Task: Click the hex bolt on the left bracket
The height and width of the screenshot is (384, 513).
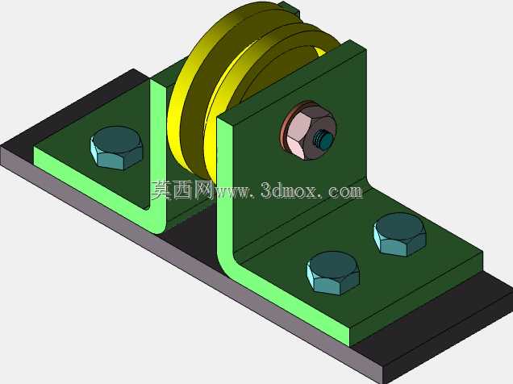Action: click(x=116, y=148)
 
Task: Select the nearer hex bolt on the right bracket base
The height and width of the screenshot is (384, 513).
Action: click(x=333, y=273)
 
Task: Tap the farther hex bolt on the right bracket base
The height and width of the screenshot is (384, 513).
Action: click(x=400, y=235)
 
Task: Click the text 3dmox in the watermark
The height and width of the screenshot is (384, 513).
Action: click(x=290, y=190)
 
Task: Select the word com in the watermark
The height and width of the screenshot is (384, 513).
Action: click(x=346, y=191)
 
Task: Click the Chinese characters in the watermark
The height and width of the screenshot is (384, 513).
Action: click(x=181, y=190)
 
